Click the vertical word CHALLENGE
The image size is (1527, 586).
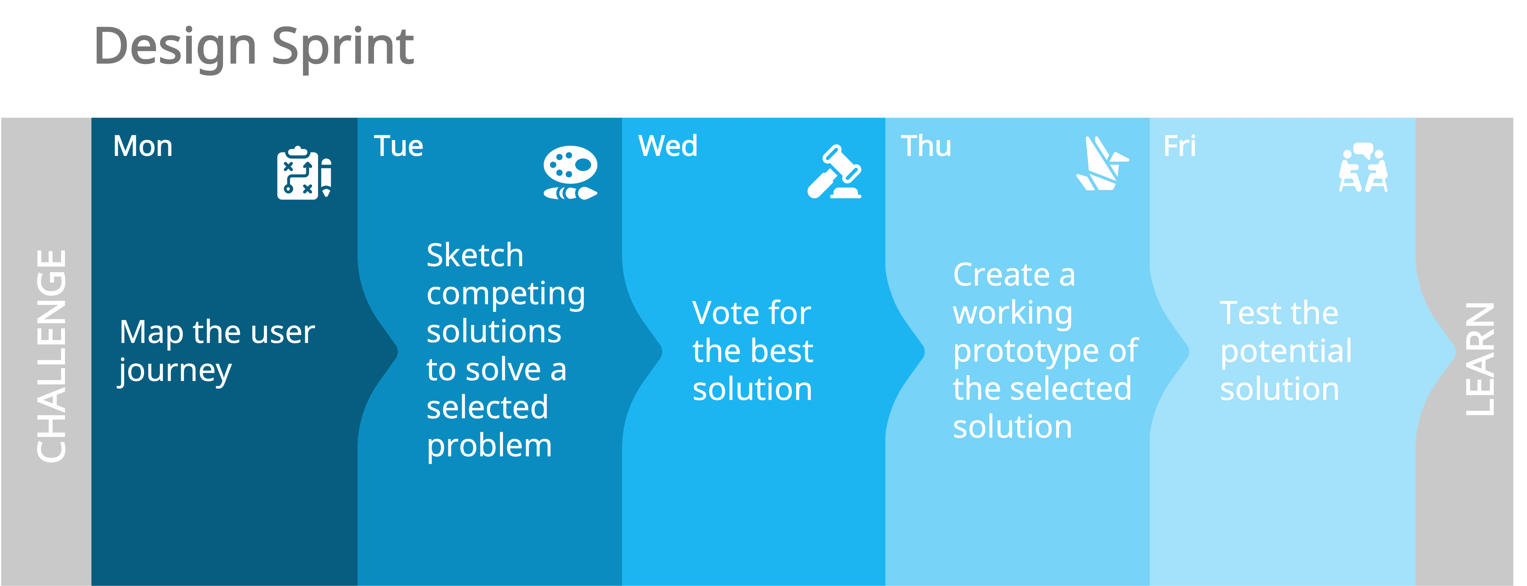[51, 356]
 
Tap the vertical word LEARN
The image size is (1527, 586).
[1480, 359]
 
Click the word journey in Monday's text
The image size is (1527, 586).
[175, 372]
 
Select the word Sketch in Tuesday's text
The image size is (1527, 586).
[475, 255]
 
